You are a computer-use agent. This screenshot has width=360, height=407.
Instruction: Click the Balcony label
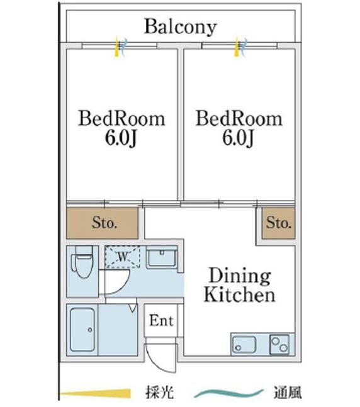[x=180, y=26]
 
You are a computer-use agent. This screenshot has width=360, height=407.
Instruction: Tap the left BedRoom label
[x=121, y=119]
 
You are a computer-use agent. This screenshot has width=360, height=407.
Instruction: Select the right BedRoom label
[x=239, y=119]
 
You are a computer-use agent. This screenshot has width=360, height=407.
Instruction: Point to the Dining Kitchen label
[x=240, y=285]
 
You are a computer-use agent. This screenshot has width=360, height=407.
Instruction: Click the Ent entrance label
[x=161, y=320]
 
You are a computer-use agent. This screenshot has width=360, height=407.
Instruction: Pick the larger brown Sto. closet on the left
[x=103, y=223]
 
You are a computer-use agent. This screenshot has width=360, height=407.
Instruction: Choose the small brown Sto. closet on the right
[x=278, y=223]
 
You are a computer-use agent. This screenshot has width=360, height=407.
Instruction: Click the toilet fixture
[x=82, y=262]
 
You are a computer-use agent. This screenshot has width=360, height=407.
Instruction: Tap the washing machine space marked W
[x=122, y=257]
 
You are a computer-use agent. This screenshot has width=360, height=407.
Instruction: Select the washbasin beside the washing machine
[x=162, y=257]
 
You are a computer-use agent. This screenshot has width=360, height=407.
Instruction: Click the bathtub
[x=82, y=330]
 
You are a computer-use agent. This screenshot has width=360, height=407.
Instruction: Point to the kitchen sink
[x=244, y=345]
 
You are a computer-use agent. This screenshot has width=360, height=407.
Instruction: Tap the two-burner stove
[x=279, y=345]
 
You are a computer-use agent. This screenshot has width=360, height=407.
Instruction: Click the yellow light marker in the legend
[x=95, y=394]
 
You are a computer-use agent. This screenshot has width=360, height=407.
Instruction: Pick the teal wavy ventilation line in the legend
[x=229, y=393]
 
